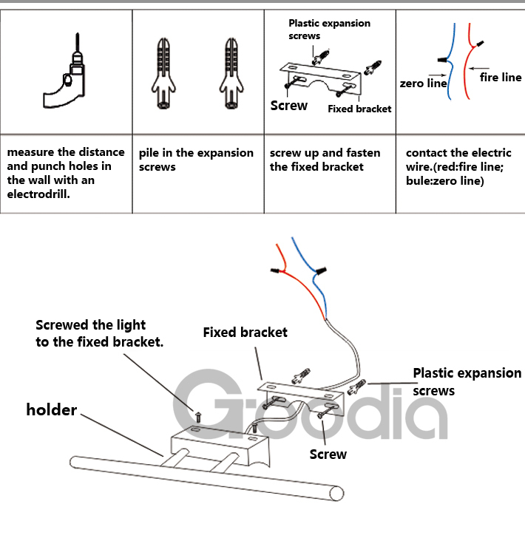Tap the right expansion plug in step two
pyautogui.click(x=231, y=74)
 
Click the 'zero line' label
pyautogui.click(x=422, y=84)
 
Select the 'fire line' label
pyautogui.click(x=501, y=77)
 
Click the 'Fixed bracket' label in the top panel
pyautogui.click(x=359, y=109)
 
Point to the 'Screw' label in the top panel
pyautogui.click(x=288, y=106)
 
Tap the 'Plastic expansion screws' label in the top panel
pyautogui.click(x=328, y=29)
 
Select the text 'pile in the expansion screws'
pyautogui.click(x=195, y=160)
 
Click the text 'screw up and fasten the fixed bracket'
pyautogui.click(x=325, y=160)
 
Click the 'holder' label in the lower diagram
pyautogui.click(x=52, y=409)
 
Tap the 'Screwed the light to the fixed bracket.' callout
pyautogui.click(x=99, y=333)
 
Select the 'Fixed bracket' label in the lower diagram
pyautogui.click(x=245, y=333)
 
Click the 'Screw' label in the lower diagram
pyautogui.click(x=328, y=454)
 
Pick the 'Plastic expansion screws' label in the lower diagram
pyautogui.click(x=466, y=381)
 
